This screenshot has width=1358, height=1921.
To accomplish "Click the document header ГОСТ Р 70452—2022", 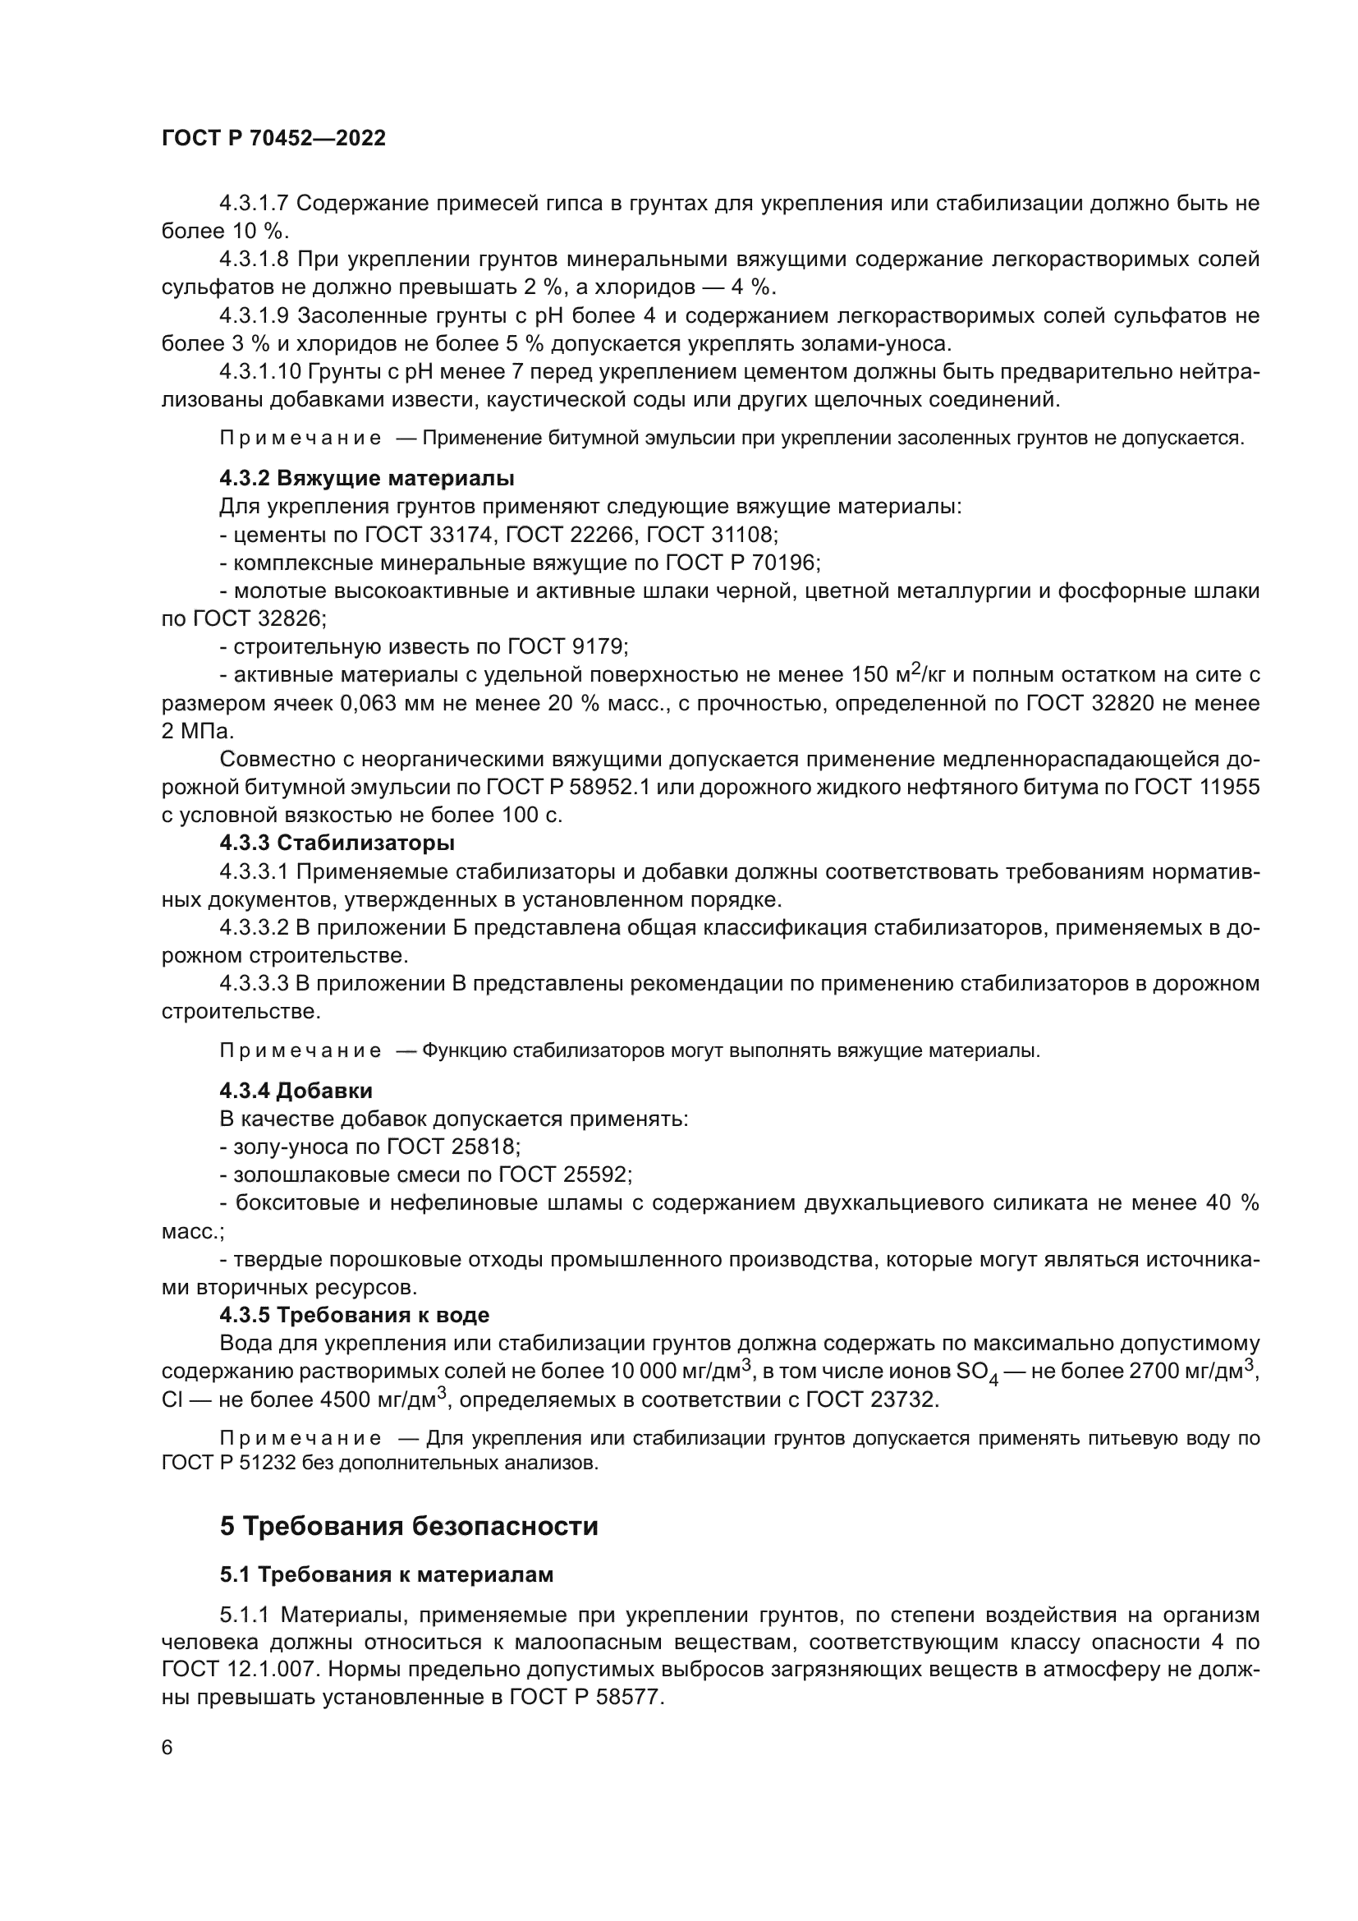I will click(x=273, y=139).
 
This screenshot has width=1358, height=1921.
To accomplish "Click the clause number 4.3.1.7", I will click(x=254, y=204).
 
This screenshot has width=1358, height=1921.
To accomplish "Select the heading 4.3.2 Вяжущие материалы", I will click(x=366, y=479).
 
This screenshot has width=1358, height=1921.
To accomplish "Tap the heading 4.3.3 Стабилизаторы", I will click(x=337, y=843).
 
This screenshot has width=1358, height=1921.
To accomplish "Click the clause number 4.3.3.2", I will click(x=254, y=927).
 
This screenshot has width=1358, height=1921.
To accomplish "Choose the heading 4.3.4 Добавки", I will click(x=296, y=1091).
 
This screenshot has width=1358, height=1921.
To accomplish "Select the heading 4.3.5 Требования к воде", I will click(x=355, y=1315).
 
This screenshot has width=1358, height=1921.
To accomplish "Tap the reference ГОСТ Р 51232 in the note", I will click(x=224, y=1464).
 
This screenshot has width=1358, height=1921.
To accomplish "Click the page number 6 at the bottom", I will click(x=167, y=1747).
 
